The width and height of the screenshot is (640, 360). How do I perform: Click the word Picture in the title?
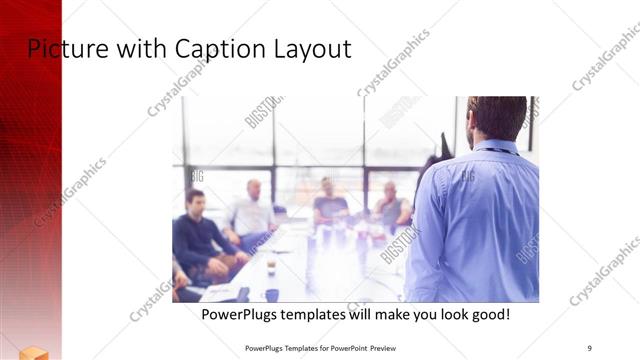click(x=59, y=48)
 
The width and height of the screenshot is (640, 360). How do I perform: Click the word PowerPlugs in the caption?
click(x=239, y=315)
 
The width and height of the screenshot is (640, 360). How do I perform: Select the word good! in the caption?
click(x=487, y=315)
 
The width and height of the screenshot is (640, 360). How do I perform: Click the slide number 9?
click(x=589, y=347)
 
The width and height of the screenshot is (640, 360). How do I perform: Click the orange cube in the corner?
click(x=33, y=351)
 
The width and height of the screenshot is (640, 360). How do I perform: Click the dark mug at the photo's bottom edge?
click(x=272, y=295)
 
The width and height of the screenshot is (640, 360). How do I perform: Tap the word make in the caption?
click(x=385, y=315)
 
